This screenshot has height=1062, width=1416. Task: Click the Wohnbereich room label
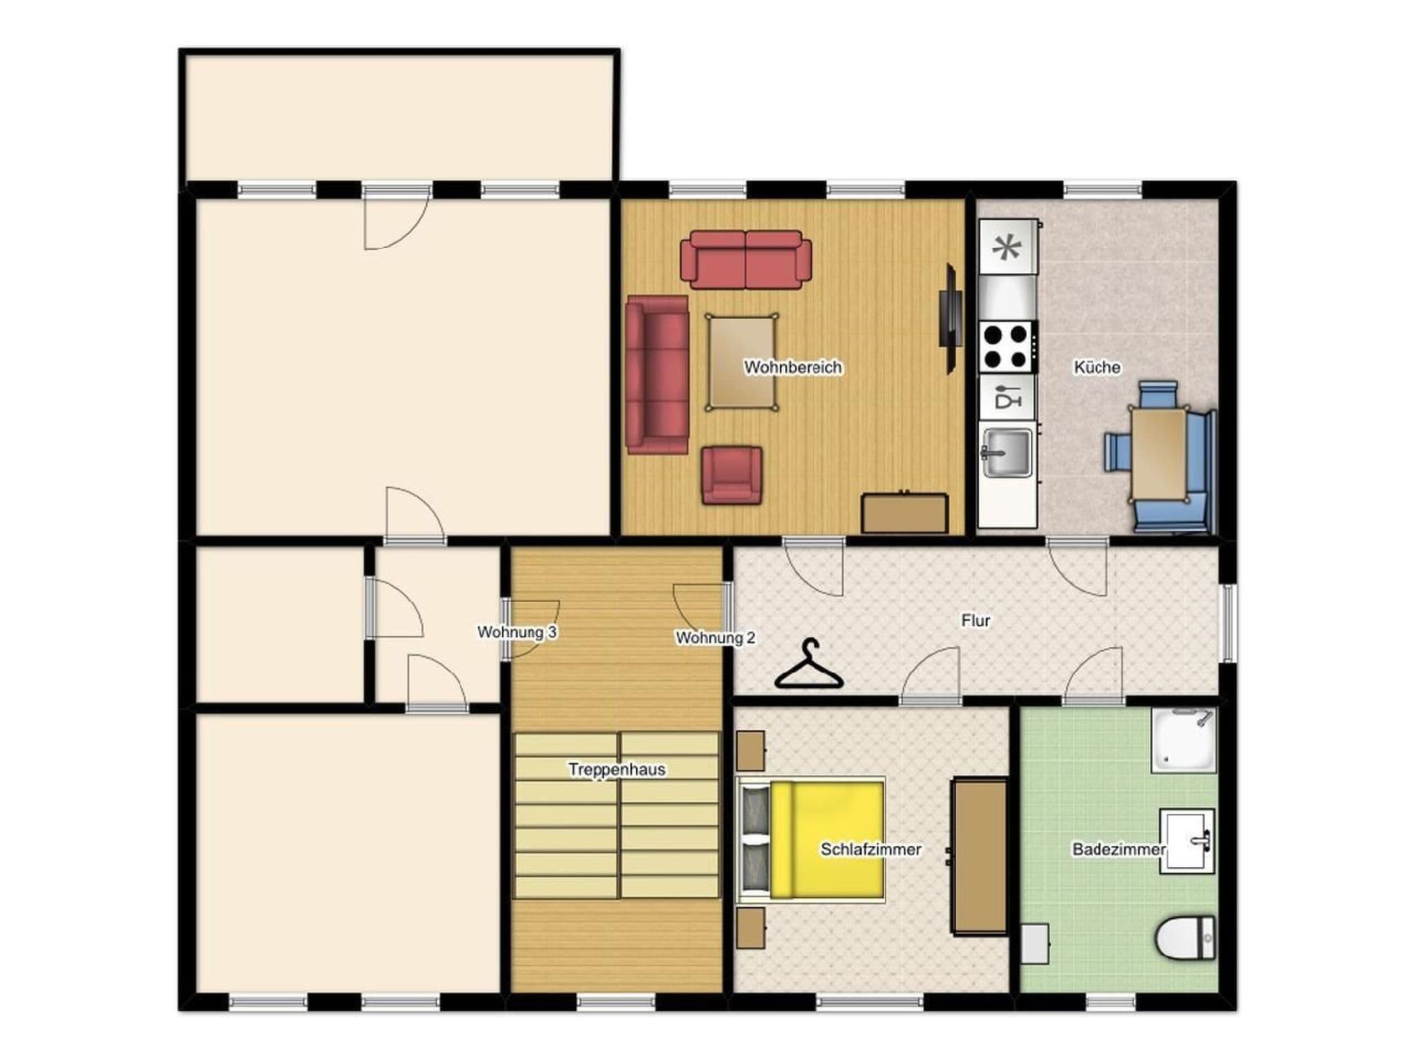(x=792, y=367)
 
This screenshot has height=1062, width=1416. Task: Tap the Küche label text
(x=1097, y=367)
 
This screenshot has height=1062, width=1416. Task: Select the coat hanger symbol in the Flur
(x=808, y=665)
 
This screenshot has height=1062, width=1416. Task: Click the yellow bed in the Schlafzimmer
(x=827, y=840)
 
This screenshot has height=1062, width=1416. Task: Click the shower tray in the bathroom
(x=1183, y=740)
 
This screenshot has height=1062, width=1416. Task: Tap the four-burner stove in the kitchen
(x=1007, y=347)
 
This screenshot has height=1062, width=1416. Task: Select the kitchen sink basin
(x=1007, y=453)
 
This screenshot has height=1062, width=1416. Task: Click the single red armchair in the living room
(x=732, y=475)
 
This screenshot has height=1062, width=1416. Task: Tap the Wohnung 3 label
(x=516, y=632)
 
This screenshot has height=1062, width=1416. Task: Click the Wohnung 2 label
(x=715, y=637)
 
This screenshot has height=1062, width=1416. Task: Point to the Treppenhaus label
(x=617, y=770)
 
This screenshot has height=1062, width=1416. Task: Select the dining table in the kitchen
(x=1159, y=454)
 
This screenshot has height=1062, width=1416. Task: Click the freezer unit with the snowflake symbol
(x=1007, y=247)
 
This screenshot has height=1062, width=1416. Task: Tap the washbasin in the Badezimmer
(x=1187, y=841)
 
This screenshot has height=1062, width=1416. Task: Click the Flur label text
(x=975, y=621)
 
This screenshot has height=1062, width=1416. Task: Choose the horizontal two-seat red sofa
(x=745, y=259)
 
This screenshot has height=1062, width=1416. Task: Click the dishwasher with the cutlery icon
(x=1007, y=398)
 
